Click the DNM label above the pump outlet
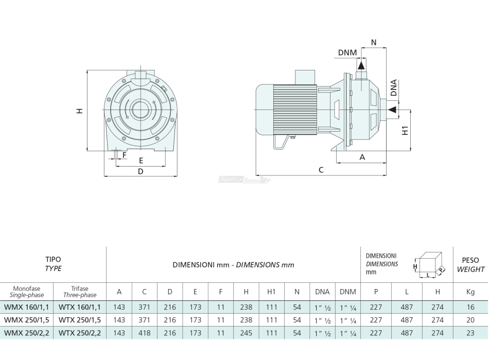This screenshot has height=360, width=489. [347, 52]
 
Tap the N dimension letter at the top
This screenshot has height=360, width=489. [374, 42]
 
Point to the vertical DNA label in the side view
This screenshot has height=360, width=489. [394, 88]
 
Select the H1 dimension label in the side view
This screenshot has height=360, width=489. [405, 131]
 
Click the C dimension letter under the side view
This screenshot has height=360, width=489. [321, 170]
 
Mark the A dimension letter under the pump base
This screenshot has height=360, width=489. [362, 157]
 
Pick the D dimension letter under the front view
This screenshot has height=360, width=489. [141, 171]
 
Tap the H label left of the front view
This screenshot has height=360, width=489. [80, 111]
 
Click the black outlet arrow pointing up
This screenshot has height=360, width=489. [361, 65]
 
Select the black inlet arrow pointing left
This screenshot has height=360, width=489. [393, 109]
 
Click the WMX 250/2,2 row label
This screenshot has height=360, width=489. [27, 333]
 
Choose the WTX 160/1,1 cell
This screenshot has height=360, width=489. [80, 307]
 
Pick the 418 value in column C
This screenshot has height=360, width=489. [145, 333]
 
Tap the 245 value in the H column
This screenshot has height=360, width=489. [246, 333]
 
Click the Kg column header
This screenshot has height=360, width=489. [470, 292]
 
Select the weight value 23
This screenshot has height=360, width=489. [470, 333]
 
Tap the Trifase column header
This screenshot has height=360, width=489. [80, 289]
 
